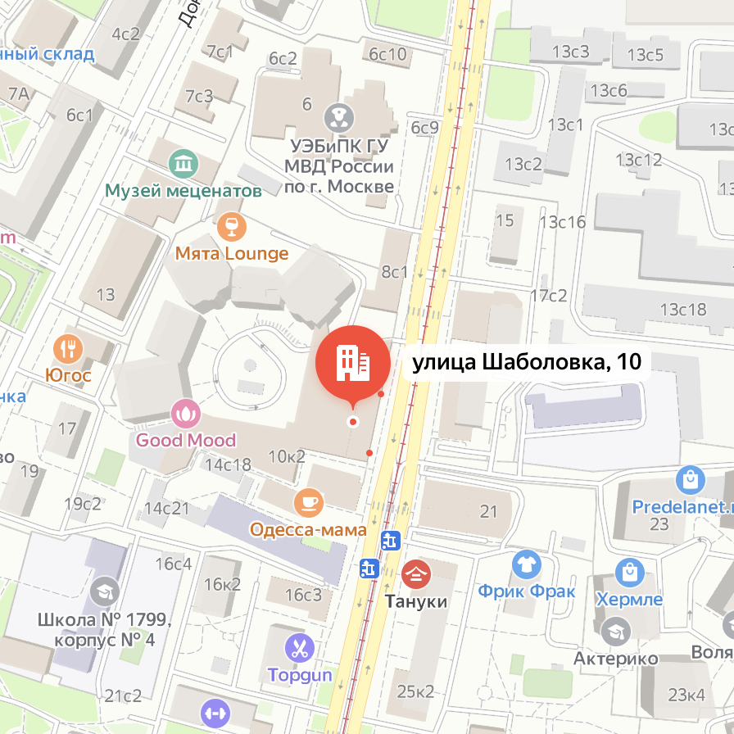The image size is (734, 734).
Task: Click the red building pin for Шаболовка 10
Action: point(353,363)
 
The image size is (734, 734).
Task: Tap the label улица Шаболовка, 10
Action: point(525,362)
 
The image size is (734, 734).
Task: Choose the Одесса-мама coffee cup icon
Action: point(308,502)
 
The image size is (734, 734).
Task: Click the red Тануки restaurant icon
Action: point(416,573)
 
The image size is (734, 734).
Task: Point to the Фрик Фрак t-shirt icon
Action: point(526,564)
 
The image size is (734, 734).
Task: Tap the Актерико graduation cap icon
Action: point(614,631)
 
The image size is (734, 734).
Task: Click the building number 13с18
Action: point(682,309)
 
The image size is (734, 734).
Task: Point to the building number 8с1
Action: point(394,272)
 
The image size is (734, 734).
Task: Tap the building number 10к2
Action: point(287,455)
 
